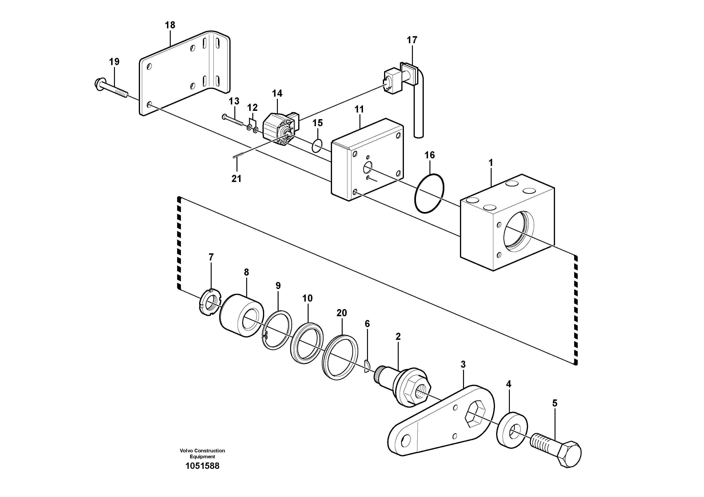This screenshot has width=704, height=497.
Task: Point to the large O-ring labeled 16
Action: coord(429,193)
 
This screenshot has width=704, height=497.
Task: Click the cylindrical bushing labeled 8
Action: coord(242,315)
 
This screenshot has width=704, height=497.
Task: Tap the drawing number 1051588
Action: coord(202,466)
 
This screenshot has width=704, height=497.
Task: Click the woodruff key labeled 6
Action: coord(367,367)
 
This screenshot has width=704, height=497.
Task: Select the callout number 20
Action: coord(341,313)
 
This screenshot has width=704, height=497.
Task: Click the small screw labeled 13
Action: coord(232,120)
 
